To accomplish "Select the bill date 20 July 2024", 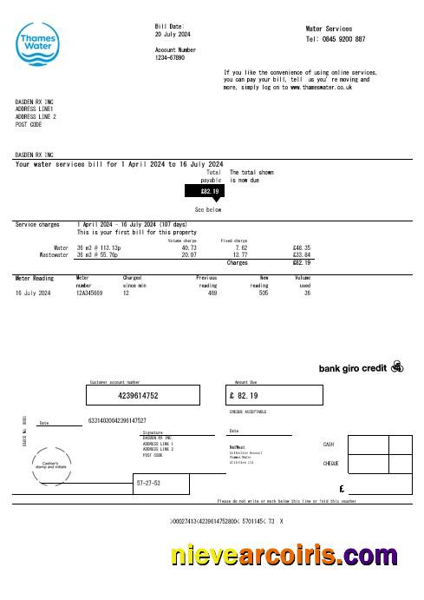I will click(173, 35).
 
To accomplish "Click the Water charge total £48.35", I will click(303, 247).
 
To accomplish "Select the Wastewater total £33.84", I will click(303, 255).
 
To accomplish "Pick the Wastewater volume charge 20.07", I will click(189, 255).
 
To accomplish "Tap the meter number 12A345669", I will click(89, 293).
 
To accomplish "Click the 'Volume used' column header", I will click(303, 281).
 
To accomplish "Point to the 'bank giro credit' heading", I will click(352, 367).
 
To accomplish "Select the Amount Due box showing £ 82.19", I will click(261, 395).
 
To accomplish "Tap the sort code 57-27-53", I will click(148, 482).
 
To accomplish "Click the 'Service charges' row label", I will click(37, 225).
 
